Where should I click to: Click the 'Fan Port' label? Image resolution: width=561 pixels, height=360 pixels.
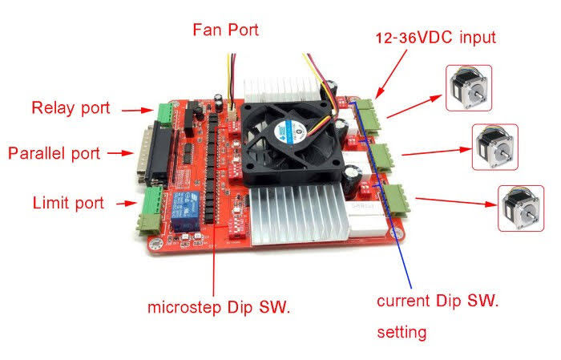pyautogui.click(x=225, y=30)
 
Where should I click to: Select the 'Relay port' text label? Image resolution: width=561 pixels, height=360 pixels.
pyautogui.click(x=71, y=107)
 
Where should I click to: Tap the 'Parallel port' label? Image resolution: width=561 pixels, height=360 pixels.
pyautogui.click(x=54, y=152)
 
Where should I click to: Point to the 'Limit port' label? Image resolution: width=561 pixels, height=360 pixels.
pyautogui.click(x=67, y=203)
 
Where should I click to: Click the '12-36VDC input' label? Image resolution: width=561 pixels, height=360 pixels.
pyautogui.click(x=436, y=37)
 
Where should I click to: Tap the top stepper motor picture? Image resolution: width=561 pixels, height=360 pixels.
pyautogui.click(x=468, y=87)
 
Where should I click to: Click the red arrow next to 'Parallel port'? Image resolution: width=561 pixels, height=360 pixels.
pyautogui.click(x=119, y=152)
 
